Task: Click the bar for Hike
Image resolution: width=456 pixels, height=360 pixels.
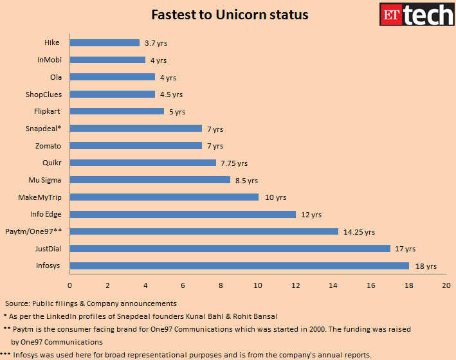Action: pyautogui.click(x=104, y=42)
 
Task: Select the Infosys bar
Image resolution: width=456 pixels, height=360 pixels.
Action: pyautogui.click(x=239, y=265)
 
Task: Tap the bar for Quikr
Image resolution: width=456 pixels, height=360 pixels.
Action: pyautogui.click(x=143, y=163)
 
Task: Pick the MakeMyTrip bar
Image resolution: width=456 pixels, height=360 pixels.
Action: pyautogui.click(x=164, y=197)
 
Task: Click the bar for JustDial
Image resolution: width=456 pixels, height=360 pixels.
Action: pyautogui.click(x=230, y=248)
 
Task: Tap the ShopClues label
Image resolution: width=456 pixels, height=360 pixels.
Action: pyautogui.click(x=44, y=94)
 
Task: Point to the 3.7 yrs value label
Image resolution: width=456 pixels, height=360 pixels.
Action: pyautogui.click(x=154, y=43)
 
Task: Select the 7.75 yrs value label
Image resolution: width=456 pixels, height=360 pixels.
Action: pyautogui.click(x=233, y=163)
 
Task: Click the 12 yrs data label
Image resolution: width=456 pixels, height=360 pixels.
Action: pyautogui.click(x=311, y=215)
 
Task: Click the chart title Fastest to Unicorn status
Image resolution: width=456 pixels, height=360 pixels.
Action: pyautogui.click(x=229, y=14)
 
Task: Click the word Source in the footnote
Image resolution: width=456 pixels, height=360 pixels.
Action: pyautogui.click(x=18, y=303)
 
